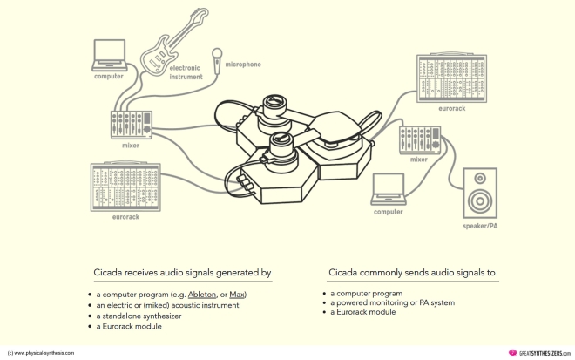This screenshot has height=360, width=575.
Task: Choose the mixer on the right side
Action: (x=420, y=139)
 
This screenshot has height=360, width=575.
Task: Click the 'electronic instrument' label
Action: (x=185, y=72)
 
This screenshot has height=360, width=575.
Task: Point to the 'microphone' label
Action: (x=242, y=64)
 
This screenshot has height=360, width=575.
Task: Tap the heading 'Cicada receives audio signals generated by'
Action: (x=180, y=273)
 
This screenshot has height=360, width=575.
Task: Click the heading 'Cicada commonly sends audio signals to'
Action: (x=412, y=273)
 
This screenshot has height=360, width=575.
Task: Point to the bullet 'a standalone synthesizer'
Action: (x=140, y=316)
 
